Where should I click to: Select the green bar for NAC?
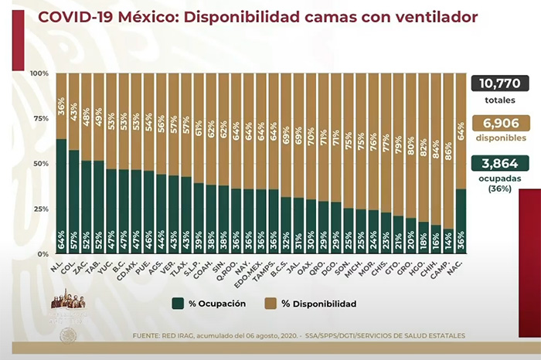pos(461,220)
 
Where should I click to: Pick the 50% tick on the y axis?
pos(40,164)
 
